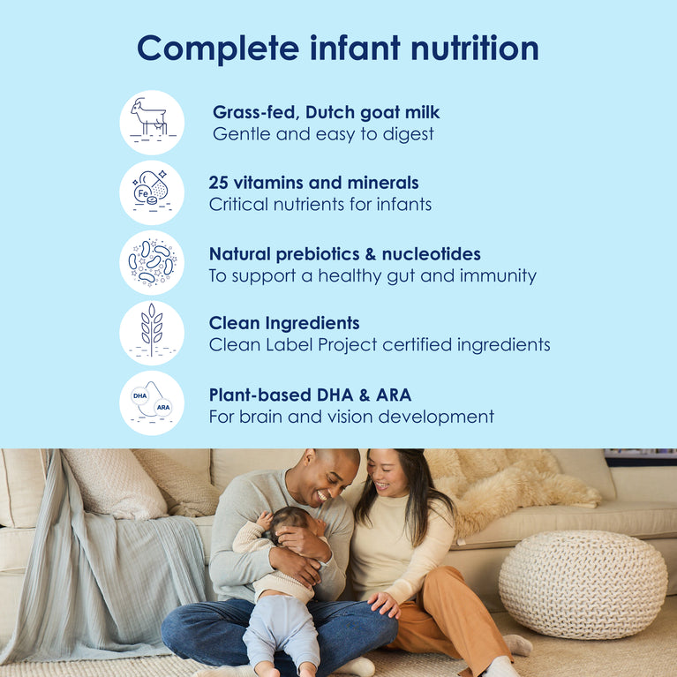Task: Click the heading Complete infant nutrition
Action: pyautogui.click(x=338, y=48)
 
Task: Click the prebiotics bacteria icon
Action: pyautogui.click(x=152, y=262)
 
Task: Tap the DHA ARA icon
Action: pyautogui.click(x=152, y=402)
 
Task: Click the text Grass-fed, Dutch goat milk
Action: pyautogui.click(x=326, y=112)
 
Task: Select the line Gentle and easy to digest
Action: pyautogui.click(x=323, y=134)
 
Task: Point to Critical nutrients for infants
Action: pyautogui.click(x=320, y=204)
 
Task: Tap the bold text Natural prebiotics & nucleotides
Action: pyautogui.click(x=344, y=254)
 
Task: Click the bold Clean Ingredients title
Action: pyautogui.click(x=284, y=323)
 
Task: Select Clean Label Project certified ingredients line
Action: pyautogui.click(x=380, y=345)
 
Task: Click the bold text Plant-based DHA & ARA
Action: pyautogui.click(x=310, y=395)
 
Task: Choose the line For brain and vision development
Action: pyautogui.click(x=351, y=417)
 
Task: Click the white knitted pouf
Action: pyautogui.click(x=583, y=583)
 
